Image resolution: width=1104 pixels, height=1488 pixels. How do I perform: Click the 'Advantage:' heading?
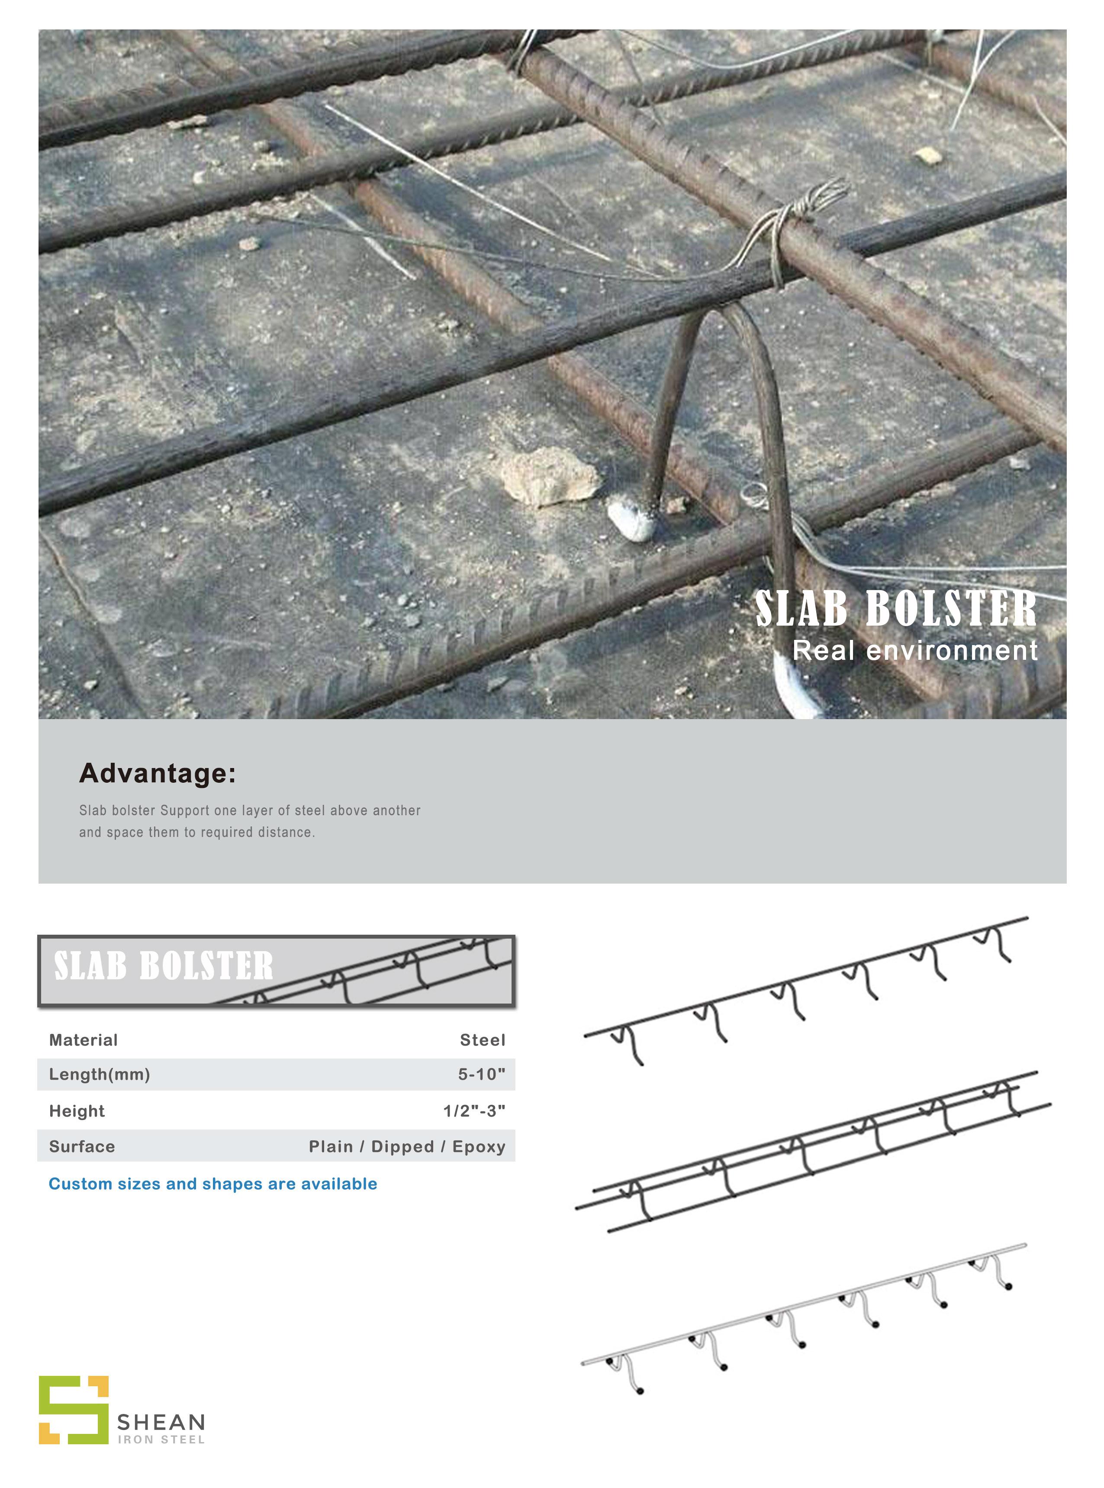coord(157,773)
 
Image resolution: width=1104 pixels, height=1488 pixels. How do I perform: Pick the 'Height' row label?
coord(77,1111)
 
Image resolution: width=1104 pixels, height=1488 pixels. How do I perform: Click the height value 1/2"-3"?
coord(474,1111)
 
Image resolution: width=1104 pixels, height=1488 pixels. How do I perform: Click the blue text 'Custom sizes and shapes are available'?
coord(212,1184)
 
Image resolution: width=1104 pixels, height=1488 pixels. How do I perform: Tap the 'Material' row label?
coord(83,1040)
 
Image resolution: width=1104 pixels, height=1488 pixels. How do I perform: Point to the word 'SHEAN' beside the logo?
coord(161,1422)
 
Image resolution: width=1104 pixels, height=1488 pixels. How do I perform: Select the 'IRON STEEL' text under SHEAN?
coord(161,1440)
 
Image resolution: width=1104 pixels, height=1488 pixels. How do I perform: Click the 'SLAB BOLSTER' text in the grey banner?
coord(164,967)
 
